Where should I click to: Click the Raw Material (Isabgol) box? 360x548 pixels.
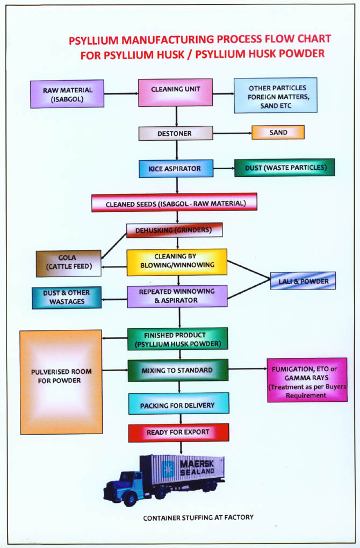point(68,93)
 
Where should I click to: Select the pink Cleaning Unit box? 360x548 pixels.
point(175,92)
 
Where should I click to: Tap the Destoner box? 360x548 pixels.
point(175,133)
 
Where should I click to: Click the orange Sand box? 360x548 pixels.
point(278,132)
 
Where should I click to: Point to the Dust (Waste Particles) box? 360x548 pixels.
point(284,167)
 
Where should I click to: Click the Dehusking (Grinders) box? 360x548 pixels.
point(174,230)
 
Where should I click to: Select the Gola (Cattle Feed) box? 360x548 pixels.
point(68,263)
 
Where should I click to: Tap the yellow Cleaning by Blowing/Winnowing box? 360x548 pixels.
point(177,262)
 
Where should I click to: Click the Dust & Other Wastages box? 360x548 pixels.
point(66,298)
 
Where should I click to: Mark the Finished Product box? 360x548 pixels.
point(178,339)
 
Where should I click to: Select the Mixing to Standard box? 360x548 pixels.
point(177,370)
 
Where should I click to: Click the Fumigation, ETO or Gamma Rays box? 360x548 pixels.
point(307,379)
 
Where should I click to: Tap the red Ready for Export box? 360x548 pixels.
point(178,432)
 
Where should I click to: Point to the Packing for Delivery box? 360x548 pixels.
point(178,403)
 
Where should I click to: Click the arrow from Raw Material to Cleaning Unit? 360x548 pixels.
point(121,93)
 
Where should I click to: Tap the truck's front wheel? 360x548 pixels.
point(129,499)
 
